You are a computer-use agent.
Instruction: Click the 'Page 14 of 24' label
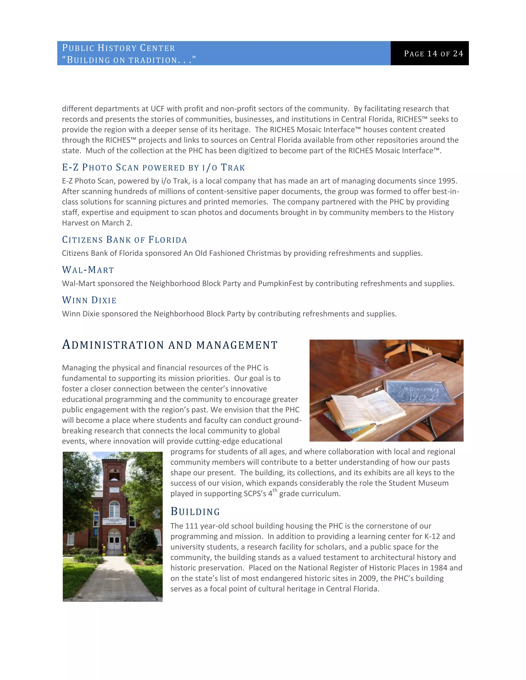tap(434, 54)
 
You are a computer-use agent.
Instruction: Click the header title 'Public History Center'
tap(118, 48)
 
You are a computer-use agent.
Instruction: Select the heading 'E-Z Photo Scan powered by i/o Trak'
tap(153, 168)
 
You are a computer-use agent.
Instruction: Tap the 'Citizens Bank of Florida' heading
tap(124, 240)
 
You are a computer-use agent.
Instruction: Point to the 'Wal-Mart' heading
tap(88, 270)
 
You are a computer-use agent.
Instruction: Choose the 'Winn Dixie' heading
tap(89, 300)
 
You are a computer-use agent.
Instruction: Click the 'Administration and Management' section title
tap(170, 345)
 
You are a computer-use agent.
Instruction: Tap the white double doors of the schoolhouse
tap(114, 543)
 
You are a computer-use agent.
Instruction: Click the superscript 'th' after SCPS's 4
tap(275, 490)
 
